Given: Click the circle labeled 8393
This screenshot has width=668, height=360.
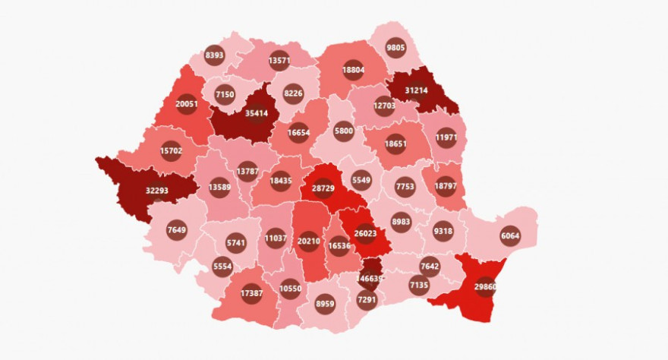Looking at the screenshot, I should pos(215,55).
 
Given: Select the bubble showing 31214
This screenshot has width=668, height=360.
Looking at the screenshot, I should pos(417,90).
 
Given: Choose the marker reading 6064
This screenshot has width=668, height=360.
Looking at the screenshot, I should pos(510,235).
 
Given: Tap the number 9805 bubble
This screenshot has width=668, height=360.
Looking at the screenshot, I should pos(395,46).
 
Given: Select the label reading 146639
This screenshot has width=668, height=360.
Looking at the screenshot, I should pos(370,278).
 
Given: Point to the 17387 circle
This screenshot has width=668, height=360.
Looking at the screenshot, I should pos(251,292).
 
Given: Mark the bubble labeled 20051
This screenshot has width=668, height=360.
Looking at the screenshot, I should pos(187,105).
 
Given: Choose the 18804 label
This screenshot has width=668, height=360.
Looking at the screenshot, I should pos(354,68).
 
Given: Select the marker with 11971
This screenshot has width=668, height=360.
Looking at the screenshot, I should pos(446,138).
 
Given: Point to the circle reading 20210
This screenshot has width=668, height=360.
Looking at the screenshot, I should pos(309,243).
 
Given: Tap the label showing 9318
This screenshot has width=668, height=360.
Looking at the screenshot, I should pos(443,231).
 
